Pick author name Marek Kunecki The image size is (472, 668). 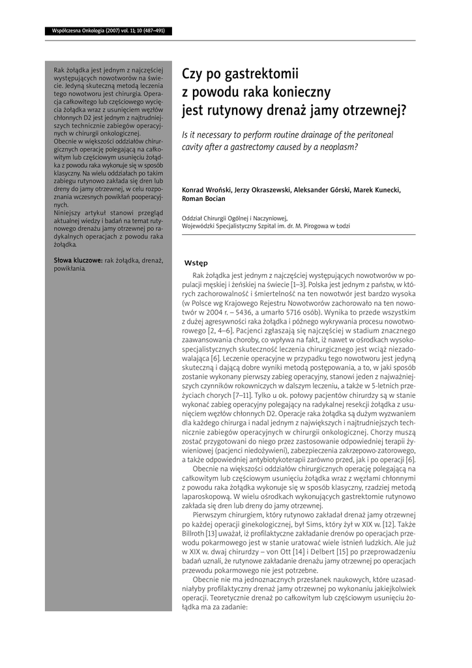point(377,190)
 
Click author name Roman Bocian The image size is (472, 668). point(203,199)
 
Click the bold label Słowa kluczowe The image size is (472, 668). point(77,261)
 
